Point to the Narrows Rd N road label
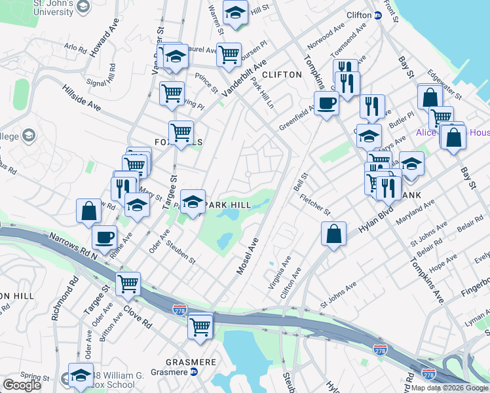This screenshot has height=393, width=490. [71, 244]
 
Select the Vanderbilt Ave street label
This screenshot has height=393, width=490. [244, 80]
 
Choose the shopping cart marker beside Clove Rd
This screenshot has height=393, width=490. [128, 283]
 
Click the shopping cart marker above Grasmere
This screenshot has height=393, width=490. [200, 326]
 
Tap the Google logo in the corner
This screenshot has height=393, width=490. [22, 385]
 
